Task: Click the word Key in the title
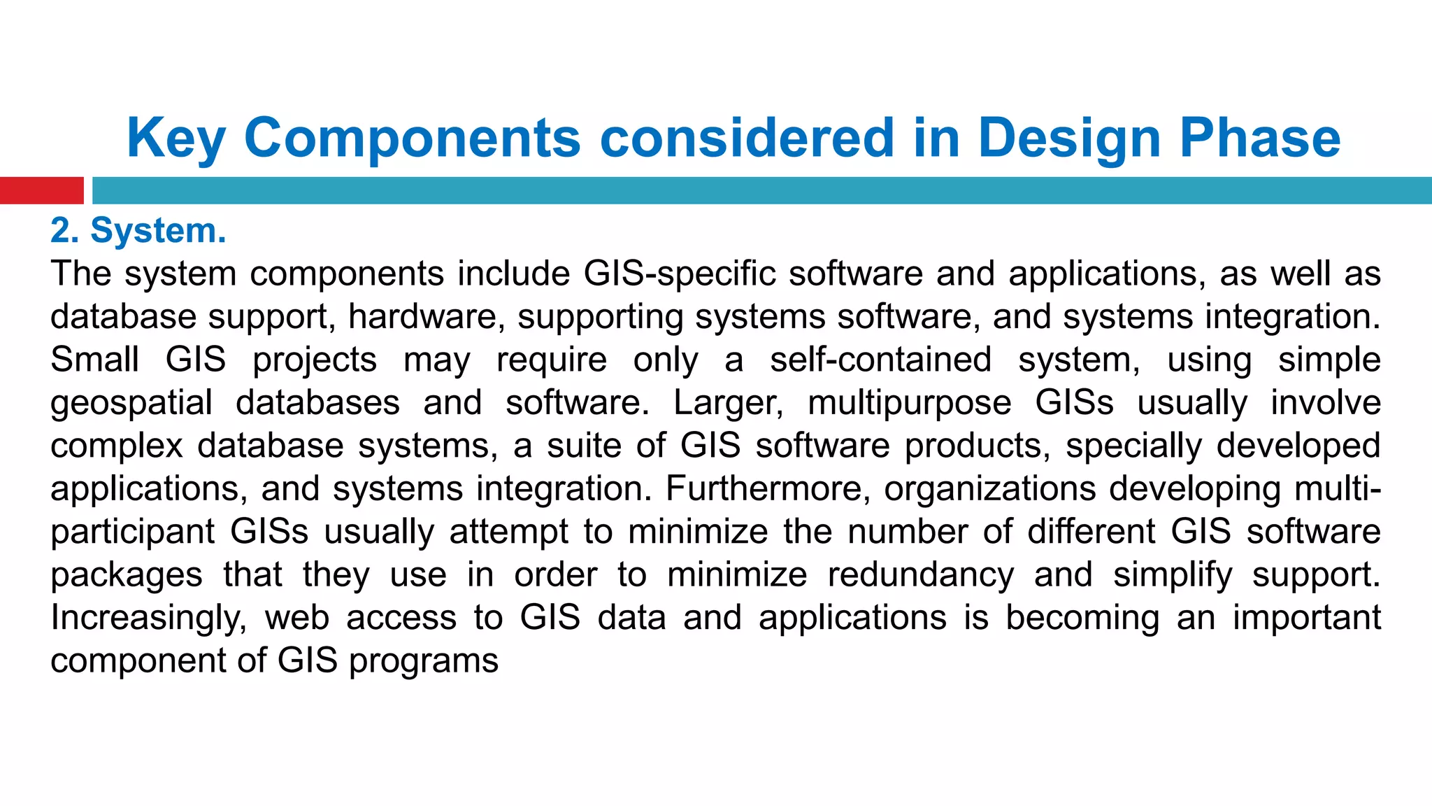(176, 139)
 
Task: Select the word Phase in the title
(1260, 139)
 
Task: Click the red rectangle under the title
(41, 190)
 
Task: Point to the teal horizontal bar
(761, 190)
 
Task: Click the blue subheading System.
(158, 231)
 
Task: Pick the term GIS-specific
(680, 274)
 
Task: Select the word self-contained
(880, 360)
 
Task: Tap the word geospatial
(131, 403)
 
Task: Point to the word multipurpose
(909, 403)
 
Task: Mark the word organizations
(989, 488)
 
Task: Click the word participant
(132, 532)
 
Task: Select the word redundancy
(920, 575)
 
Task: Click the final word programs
(423, 661)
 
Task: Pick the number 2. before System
(64, 231)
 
